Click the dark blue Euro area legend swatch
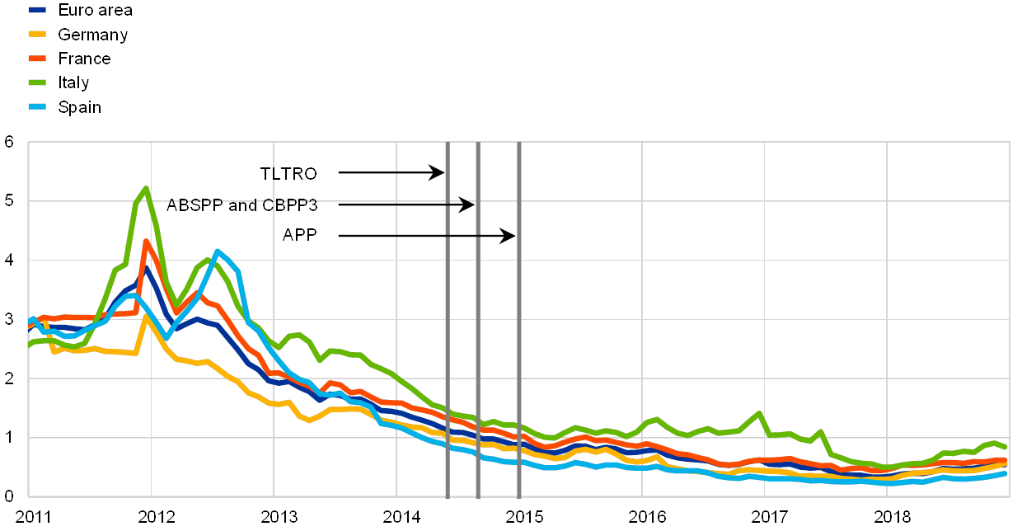click(x=37, y=11)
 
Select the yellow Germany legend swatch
click(x=37, y=35)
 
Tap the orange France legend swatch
click(x=37, y=59)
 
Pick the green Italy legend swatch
click(x=37, y=82)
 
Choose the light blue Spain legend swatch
click(x=37, y=106)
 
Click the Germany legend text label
click(x=92, y=35)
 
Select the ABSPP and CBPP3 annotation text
click(x=241, y=204)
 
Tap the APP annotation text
click(x=300, y=236)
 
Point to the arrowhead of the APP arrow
click(x=510, y=236)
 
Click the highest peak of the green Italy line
click(x=146, y=188)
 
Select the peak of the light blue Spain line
click(x=217, y=251)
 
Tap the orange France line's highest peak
click(x=146, y=242)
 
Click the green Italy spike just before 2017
click(x=758, y=413)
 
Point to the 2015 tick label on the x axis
click(x=524, y=517)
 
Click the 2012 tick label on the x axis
click(x=156, y=517)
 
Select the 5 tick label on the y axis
click(x=9, y=201)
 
